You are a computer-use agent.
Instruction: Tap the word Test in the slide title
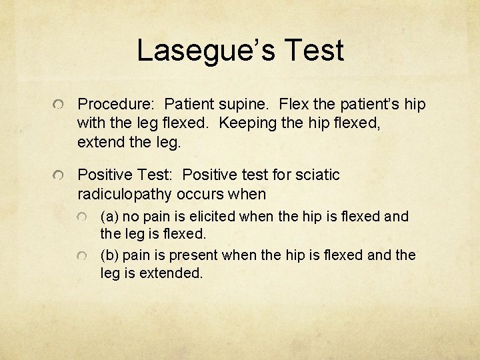[x=314, y=51]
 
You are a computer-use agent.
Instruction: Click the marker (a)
[x=111, y=217]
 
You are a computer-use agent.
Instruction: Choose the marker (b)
[x=111, y=255]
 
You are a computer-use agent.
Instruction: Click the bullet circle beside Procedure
[x=59, y=105]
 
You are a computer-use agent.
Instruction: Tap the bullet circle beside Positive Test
[x=59, y=176]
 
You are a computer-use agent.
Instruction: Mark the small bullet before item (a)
[x=81, y=218]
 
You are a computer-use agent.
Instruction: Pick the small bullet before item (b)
[x=81, y=257]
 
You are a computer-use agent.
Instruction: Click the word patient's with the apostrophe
[x=368, y=105]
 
